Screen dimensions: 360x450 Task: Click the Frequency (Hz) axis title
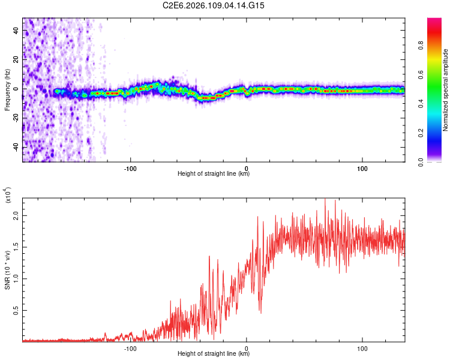[7, 89]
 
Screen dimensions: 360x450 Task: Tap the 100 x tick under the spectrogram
[362, 167]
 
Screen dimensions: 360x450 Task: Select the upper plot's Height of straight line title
[214, 174]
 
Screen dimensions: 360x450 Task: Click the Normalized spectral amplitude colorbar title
[446, 90]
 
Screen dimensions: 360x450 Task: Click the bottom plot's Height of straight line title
[214, 354]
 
